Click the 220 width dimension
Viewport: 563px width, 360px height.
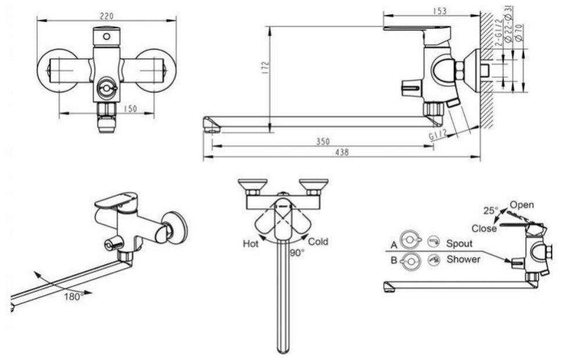coord(106,16)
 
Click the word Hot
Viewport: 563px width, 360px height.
coord(250,244)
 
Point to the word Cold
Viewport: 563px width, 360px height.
coord(319,241)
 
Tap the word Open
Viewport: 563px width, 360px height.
coord(522,205)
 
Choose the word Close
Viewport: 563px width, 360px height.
coord(483,228)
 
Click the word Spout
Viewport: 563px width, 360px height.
coord(460,244)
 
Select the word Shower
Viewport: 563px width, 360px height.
coord(463,260)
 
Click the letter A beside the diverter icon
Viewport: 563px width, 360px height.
coord(394,244)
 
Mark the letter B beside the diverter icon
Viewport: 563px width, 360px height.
coord(394,261)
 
